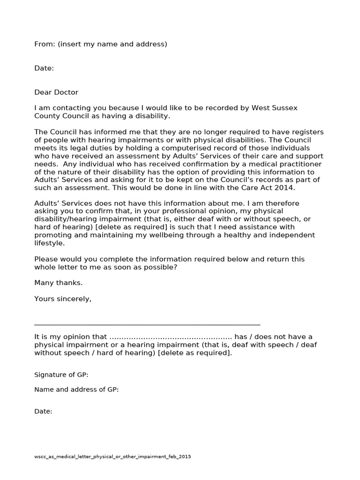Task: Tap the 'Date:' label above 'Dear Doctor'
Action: tap(44, 68)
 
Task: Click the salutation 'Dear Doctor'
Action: tap(56, 92)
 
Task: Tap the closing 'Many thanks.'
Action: tap(58, 283)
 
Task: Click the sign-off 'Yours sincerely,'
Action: tap(63, 299)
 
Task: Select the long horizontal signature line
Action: tap(147, 324)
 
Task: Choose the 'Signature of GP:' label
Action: tap(61, 375)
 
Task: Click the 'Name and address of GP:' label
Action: tap(76, 390)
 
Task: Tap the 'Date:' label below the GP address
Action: tap(43, 412)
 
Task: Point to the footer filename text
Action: tap(112, 457)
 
